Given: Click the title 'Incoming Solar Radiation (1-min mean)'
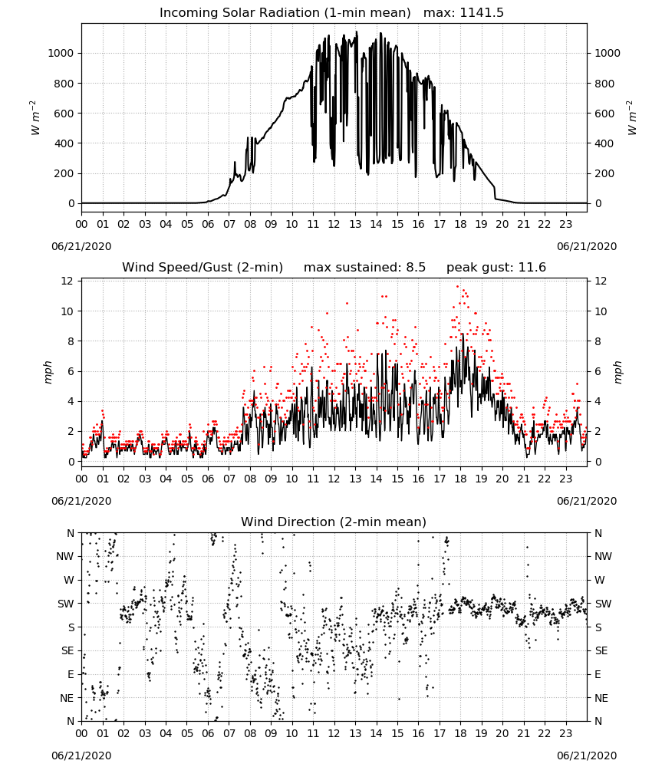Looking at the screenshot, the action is (x=285, y=13).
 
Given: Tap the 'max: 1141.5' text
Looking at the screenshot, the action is (x=463, y=13).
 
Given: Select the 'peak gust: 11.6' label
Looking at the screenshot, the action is (x=496, y=268).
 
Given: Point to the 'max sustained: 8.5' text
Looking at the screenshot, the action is (x=364, y=268).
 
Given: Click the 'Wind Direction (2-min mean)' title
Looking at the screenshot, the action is (x=334, y=522).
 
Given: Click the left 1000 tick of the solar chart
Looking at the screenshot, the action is (x=61, y=54).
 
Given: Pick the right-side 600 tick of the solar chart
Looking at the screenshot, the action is (x=604, y=114).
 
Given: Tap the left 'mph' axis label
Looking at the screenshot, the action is (x=48, y=372).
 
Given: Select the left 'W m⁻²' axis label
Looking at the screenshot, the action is (x=35, y=118).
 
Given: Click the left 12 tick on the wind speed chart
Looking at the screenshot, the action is (x=67, y=281).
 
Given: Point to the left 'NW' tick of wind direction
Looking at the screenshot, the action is (x=65, y=557).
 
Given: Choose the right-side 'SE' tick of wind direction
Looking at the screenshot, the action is (x=601, y=650).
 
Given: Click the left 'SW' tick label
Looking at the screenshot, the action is (x=65, y=604).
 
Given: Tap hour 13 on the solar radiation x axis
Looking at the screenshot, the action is (x=355, y=224).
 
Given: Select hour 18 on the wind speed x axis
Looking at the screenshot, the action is (x=460, y=479).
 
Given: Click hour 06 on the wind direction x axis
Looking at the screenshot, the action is (x=208, y=734).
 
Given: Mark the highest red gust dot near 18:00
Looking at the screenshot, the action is (x=458, y=287).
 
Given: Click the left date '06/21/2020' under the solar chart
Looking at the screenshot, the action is (x=81, y=246).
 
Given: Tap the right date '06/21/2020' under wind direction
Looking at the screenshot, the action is (x=587, y=755).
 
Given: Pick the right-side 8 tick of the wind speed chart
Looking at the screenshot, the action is (x=598, y=341).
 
